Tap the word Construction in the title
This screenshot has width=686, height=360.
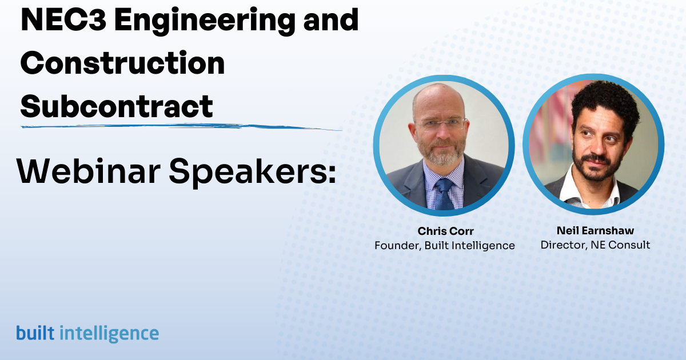(122, 63)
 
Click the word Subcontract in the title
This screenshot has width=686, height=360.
(117, 106)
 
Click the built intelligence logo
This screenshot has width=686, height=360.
(87, 333)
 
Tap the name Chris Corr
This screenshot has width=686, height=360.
(444, 231)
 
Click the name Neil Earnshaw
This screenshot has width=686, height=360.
(595, 231)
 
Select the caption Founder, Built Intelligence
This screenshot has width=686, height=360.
(444, 246)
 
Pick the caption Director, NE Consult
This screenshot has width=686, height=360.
(595, 245)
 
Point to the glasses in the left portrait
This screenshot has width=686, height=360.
(441, 124)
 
